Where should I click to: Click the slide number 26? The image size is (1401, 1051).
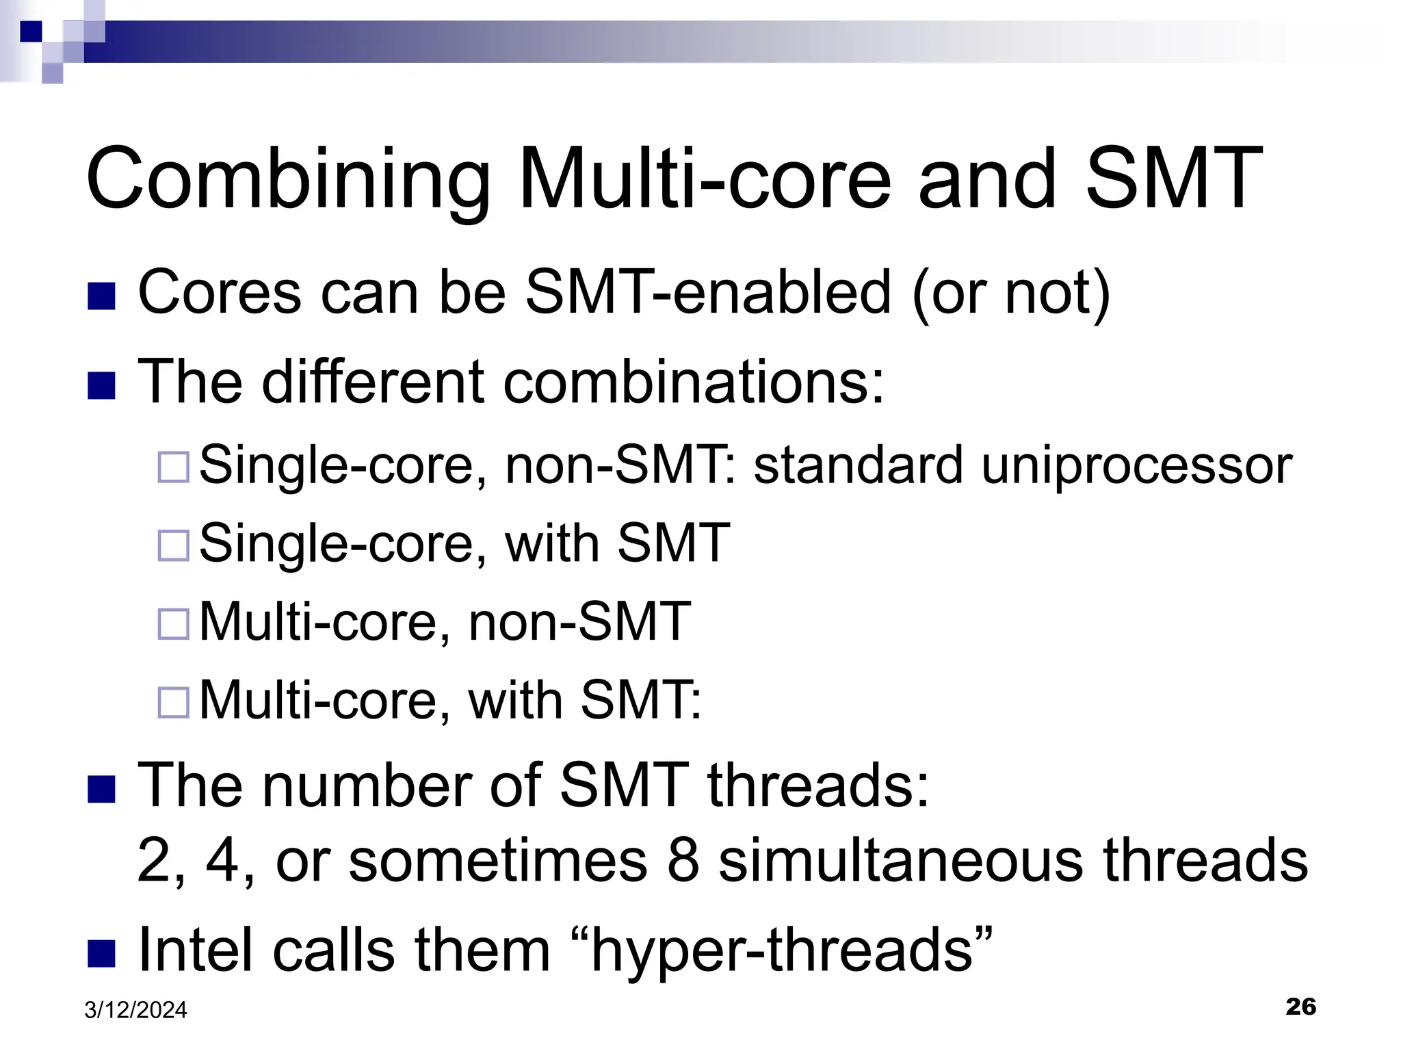(x=1300, y=1007)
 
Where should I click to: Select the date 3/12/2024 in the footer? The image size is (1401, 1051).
(x=135, y=1010)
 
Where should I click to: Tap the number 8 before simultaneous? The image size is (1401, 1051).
(x=683, y=861)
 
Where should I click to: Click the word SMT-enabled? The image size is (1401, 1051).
(x=708, y=293)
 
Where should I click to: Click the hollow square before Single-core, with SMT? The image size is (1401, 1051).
(x=173, y=545)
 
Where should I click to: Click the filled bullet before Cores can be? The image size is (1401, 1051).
(x=101, y=296)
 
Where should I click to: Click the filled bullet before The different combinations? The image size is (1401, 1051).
(x=101, y=386)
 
